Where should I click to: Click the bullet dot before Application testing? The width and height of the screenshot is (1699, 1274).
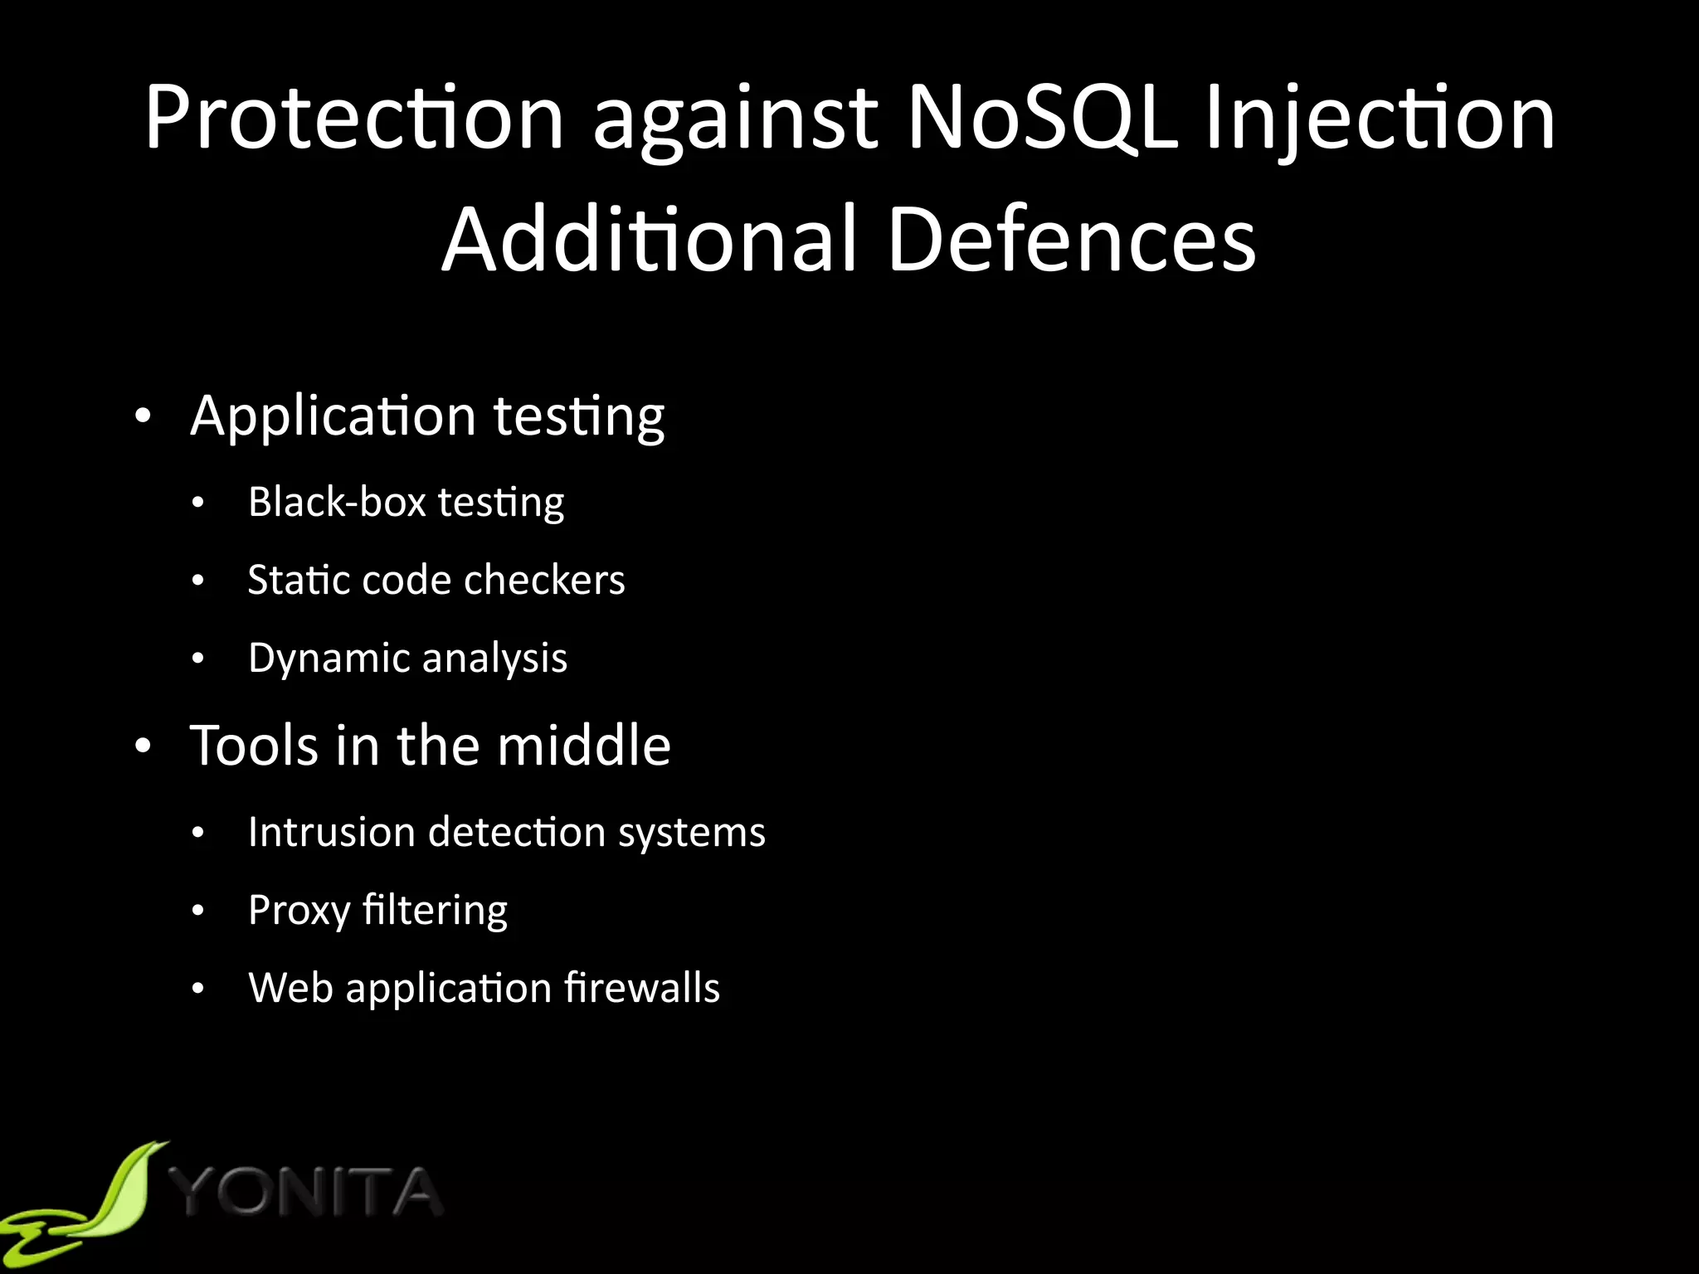[144, 416]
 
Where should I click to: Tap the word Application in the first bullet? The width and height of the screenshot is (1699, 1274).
[333, 417]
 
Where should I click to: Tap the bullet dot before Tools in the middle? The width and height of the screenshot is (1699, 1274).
[144, 746]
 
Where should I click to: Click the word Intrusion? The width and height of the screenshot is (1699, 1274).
[332, 832]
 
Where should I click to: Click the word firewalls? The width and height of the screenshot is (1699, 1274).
[642, 988]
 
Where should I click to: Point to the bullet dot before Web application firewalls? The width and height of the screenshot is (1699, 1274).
[197, 989]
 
